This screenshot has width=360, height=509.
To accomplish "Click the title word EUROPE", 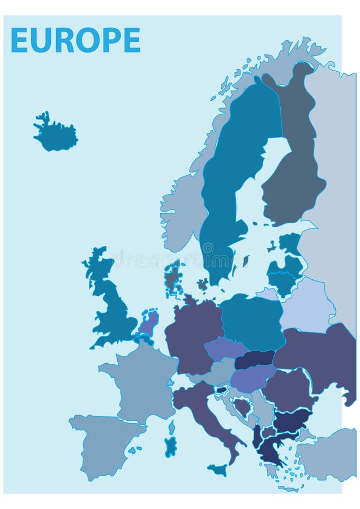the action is tap(75, 40).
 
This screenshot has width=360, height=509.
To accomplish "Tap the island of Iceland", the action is tap(55, 136).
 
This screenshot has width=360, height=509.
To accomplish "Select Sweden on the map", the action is tap(226, 187).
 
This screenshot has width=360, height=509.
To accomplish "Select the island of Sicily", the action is tap(217, 469).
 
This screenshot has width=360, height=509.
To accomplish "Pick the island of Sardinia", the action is tap(170, 446).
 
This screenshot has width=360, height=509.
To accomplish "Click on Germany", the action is tap(192, 334).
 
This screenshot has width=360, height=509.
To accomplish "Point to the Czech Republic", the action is tap(224, 348).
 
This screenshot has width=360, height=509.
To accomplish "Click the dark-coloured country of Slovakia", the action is tap(255, 359).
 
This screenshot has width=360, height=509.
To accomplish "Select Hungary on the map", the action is tap(252, 378).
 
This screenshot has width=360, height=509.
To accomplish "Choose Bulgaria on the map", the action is tap(292, 420).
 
